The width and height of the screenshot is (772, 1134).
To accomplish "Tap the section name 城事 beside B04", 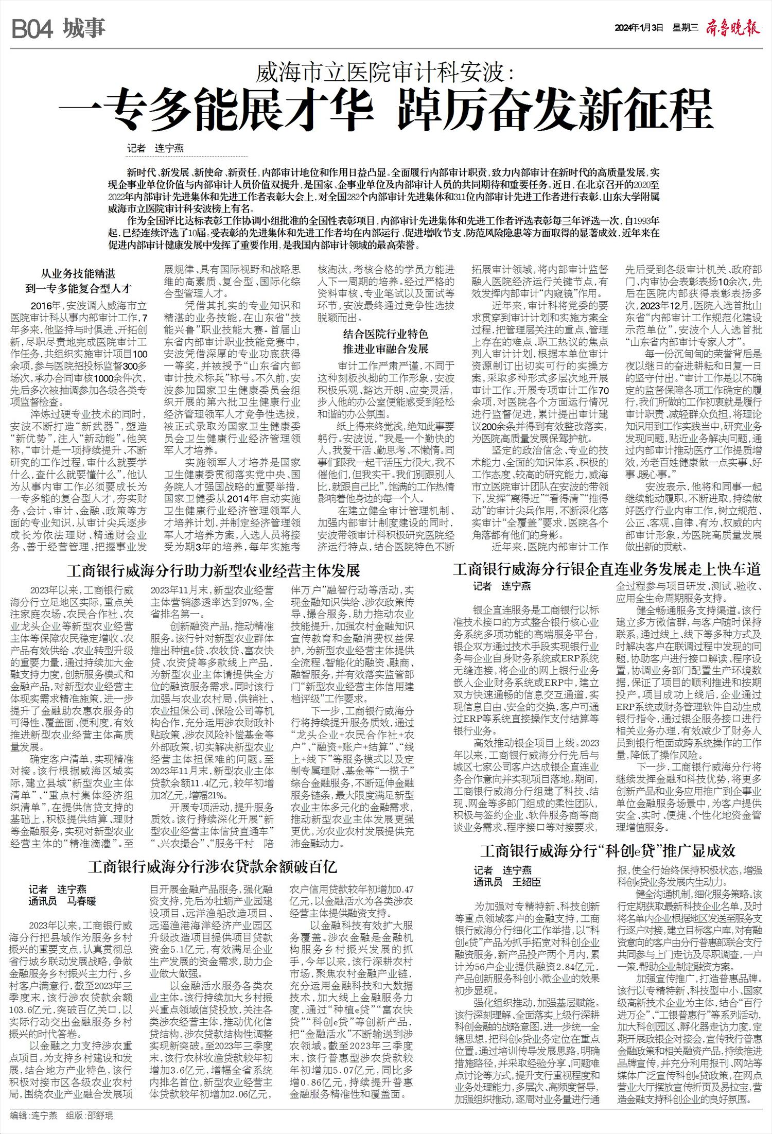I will (85, 29).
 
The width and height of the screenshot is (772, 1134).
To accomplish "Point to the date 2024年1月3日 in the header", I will (639, 29).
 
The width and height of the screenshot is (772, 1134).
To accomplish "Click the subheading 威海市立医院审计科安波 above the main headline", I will (385, 72).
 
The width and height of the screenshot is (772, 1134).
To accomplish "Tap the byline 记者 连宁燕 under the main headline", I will (155, 149).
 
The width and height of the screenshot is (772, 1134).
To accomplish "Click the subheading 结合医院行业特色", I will (385, 335).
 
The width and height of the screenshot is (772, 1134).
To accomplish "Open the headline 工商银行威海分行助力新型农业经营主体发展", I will (214, 570).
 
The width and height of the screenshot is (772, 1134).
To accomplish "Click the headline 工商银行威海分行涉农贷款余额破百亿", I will (213, 867).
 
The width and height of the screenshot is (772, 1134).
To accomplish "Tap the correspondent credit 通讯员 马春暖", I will (62, 901).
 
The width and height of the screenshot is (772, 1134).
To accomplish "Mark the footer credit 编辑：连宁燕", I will (34, 1115).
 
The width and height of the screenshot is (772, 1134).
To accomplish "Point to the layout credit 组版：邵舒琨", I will (89, 1115).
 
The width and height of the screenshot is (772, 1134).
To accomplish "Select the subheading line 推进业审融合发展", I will (385, 349).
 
